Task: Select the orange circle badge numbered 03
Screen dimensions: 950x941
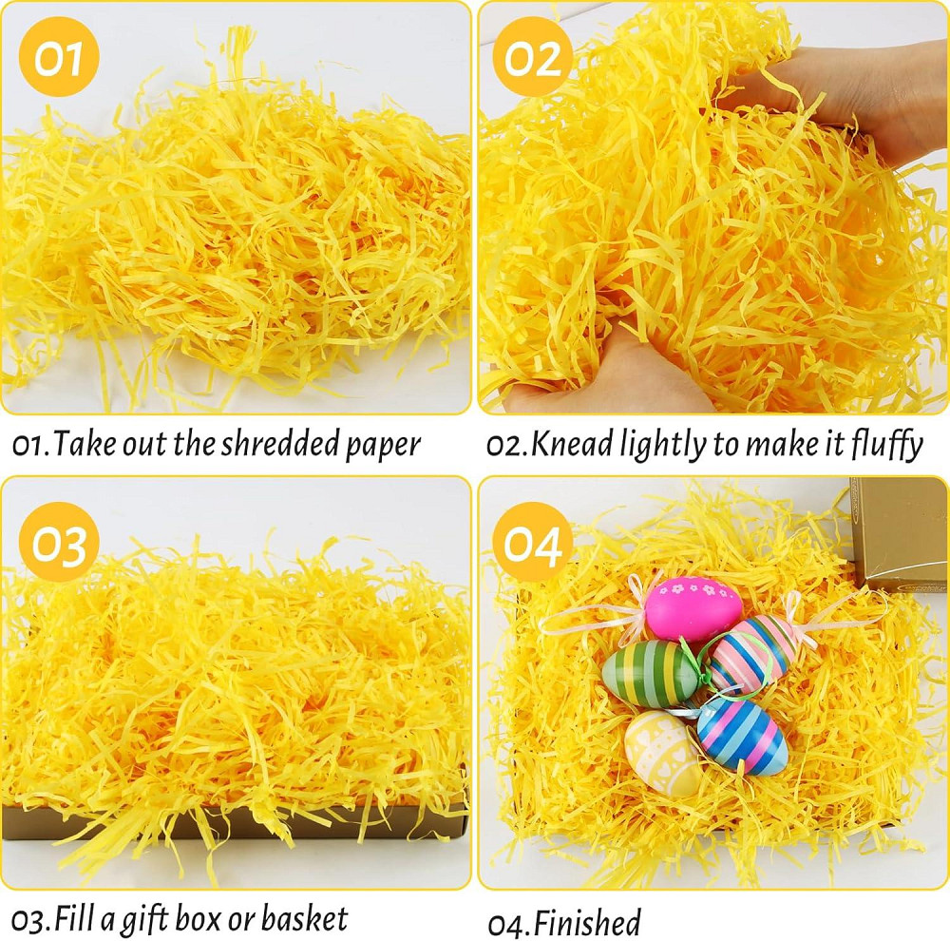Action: (x=59, y=542)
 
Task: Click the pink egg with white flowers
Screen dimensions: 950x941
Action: (x=693, y=608)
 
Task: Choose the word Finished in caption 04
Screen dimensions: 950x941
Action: (x=586, y=923)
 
